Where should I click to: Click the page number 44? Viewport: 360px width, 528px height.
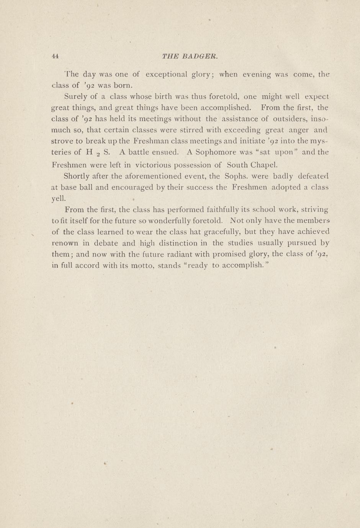click(55, 56)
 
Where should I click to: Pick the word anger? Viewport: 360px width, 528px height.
click(299, 130)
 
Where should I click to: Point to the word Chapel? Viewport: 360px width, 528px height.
click(264, 165)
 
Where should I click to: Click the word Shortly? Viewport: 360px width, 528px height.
click(78, 177)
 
